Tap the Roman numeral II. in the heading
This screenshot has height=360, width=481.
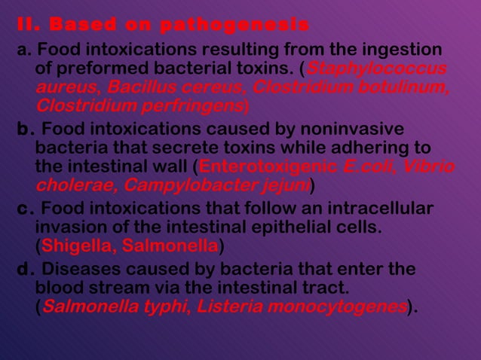click(27, 25)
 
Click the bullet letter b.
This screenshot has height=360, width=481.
click(26, 129)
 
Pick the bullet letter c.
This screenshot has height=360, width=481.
click(25, 209)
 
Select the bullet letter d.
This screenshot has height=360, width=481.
click(26, 270)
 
